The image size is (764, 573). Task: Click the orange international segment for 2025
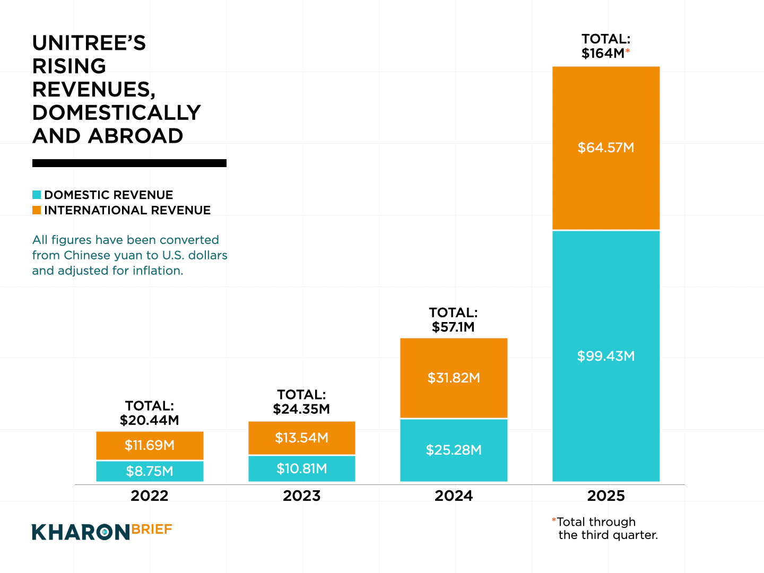pyautogui.click(x=606, y=106)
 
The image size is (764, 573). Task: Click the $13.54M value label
pyautogui.click(x=301, y=438)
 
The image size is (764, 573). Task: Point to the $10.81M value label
pyautogui.click(x=301, y=468)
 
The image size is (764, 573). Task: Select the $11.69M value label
pyautogui.click(x=150, y=445)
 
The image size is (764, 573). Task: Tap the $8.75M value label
pyautogui.click(x=150, y=471)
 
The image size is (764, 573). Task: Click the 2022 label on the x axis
pyautogui.click(x=150, y=496)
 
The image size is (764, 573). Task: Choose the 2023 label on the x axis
pyautogui.click(x=301, y=496)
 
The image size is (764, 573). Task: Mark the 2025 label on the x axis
pyautogui.click(x=606, y=496)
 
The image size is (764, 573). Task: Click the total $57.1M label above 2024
pyautogui.click(x=454, y=320)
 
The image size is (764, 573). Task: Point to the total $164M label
pyautogui.click(x=605, y=46)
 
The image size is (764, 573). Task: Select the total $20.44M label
pyautogui.click(x=150, y=413)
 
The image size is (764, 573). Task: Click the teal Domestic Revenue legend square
pyautogui.click(x=37, y=195)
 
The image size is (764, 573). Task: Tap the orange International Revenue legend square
pyautogui.click(x=37, y=210)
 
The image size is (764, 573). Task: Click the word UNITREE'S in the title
pyautogui.click(x=89, y=43)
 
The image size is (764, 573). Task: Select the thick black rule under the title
pyautogui.click(x=129, y=163)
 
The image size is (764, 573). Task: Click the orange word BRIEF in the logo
pyautogui.click(x=152, y=529)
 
